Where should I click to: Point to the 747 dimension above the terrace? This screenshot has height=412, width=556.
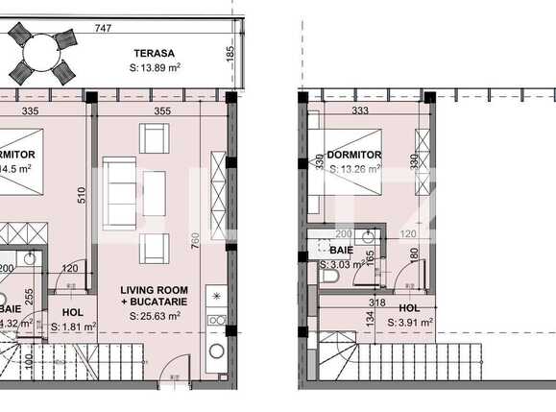point(118,30)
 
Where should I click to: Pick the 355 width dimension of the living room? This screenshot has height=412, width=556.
point(161,112)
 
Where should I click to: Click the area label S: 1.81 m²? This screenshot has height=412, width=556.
point(73,327)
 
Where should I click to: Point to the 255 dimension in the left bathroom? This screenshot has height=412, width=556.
point(29,298)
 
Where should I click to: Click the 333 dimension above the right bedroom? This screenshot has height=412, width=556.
point(361,110)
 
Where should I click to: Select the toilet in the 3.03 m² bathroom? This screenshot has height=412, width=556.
point(330,276)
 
